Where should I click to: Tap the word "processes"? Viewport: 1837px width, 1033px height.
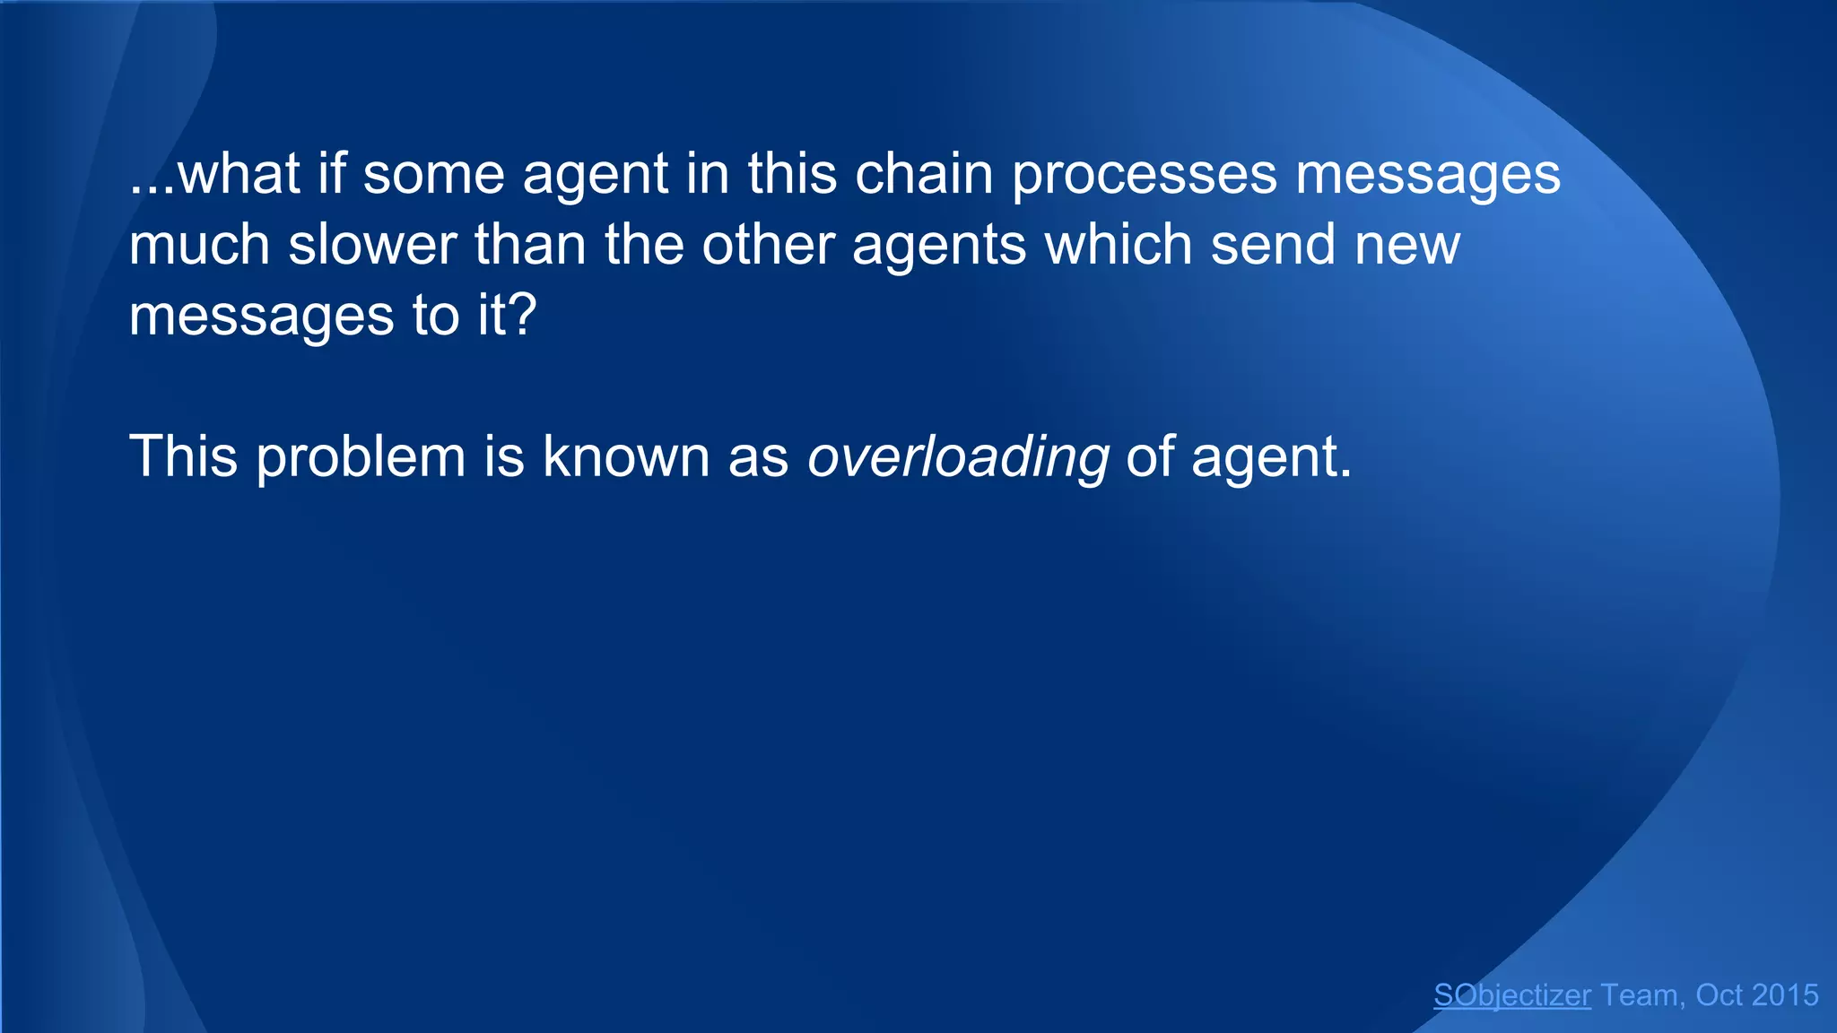1145,175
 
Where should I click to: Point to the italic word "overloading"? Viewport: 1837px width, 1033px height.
958,458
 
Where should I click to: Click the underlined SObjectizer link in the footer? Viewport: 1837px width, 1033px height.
1512,995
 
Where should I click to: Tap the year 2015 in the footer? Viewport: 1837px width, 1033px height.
1785,995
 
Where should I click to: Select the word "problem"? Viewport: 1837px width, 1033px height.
361,458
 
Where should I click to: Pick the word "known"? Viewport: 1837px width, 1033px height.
626,456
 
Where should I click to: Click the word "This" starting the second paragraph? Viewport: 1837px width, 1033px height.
184,456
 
